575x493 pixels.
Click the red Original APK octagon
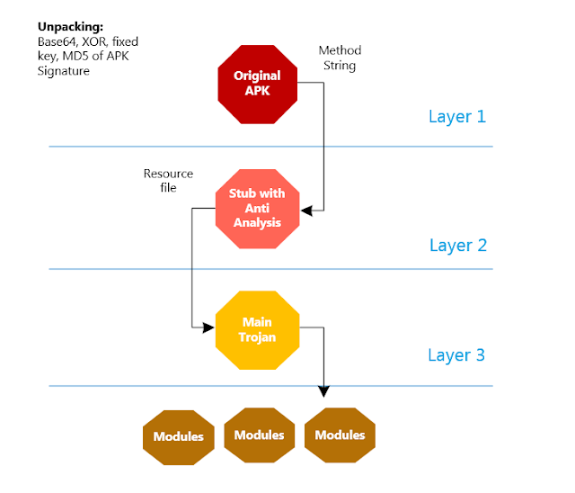click(257, 82)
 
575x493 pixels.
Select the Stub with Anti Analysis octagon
click(257, 209)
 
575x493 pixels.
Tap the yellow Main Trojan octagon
click(257, 329)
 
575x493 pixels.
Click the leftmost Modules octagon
click(178, 436)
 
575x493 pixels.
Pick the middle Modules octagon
click(259, 435)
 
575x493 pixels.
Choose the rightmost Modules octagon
click(340, 435)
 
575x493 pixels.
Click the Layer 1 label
click(456, 116)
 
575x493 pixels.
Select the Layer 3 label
click(456, 354)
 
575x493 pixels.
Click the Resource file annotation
click(168, 181)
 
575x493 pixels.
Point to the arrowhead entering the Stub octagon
click(305, 211)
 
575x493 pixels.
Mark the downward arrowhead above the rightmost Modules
click(324, 391)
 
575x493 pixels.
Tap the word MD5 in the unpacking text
click(61, 56)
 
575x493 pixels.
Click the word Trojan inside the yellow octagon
click(257, 337)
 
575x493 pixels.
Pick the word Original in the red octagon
click(257, 76)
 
